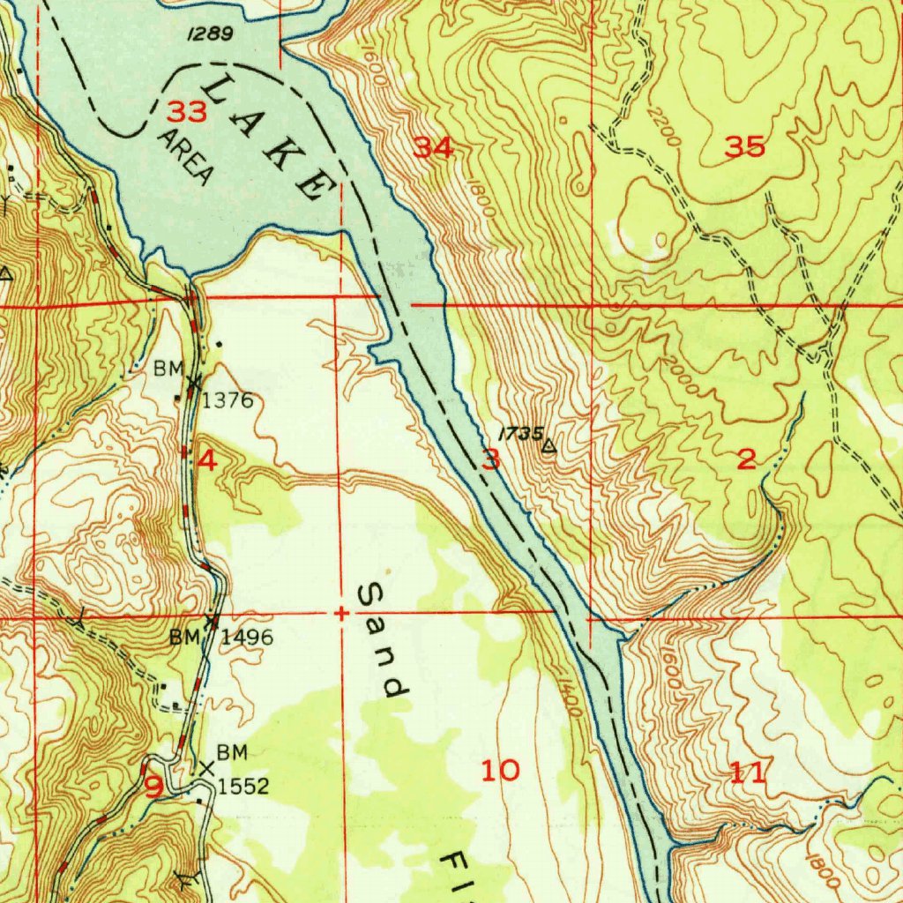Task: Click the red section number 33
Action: coord(187,112)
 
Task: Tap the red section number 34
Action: coord(434,148)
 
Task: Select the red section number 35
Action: coord(745,147)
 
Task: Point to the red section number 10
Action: coord(500,771)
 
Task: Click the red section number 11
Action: coord(747,774)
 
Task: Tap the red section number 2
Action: coord(746,459)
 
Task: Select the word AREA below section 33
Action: coord(186,157)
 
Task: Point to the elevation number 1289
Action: coord(210,34)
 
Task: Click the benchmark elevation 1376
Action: coord(228,401)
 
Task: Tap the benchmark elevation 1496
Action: coord(247,637)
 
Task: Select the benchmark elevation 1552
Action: coord(243,786)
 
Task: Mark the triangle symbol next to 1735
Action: coord(549,447)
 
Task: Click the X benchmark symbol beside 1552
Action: coord(206,769)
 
